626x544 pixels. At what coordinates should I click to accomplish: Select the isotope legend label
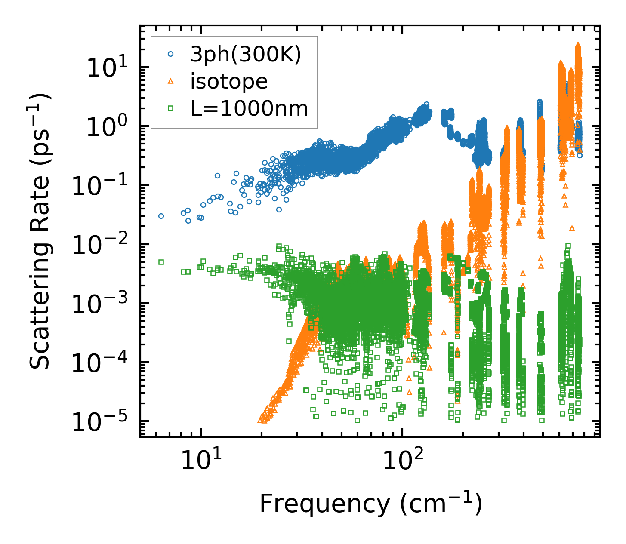pos(229,81)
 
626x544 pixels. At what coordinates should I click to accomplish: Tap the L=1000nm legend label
pos(249,109)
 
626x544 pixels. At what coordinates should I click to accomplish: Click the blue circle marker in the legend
pos(170,54)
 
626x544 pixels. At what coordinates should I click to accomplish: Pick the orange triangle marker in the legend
pos(170,81)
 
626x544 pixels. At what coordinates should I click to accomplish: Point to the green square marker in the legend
pos(170,108)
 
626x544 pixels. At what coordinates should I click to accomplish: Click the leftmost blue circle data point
pos(161,216)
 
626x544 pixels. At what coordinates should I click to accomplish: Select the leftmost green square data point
pos(161,262)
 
